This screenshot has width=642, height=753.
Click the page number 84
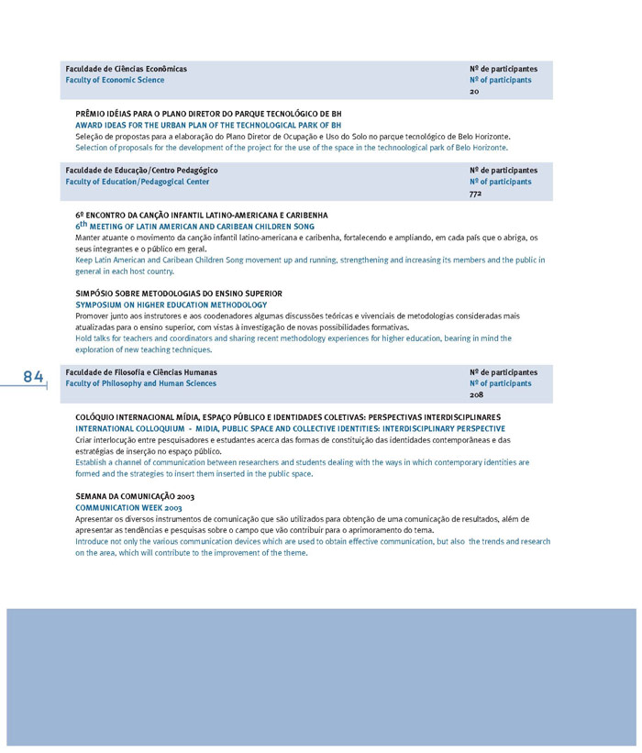[33, 377]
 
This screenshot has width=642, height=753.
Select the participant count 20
[474, 92]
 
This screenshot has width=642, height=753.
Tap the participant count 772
[475, 194]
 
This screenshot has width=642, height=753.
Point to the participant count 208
[476, 395]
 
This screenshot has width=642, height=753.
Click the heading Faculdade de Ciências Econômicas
[126, 69]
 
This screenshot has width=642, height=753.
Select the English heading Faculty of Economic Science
[115, 81]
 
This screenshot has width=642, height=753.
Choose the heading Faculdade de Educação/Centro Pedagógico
[141, 171]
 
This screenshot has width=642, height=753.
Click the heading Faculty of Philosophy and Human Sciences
[140, 383]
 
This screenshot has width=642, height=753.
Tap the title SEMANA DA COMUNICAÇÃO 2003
[135, 496]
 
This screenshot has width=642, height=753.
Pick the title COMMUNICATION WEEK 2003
[128, 507]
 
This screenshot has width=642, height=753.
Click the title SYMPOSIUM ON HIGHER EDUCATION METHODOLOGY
[172, 305]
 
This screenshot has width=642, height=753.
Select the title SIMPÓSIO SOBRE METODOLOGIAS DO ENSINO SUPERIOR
[179, 293]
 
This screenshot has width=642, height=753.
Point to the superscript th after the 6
[83, 223]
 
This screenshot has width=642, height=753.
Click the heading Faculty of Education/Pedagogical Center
[137, 182]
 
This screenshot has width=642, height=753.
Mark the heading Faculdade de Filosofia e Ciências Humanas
[141, 372]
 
